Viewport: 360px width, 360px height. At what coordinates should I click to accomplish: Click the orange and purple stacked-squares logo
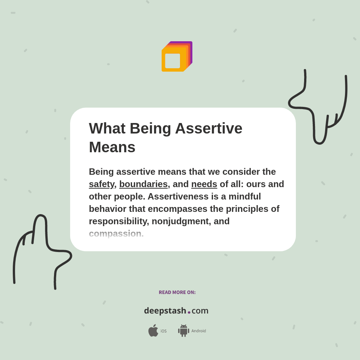pos(177,57)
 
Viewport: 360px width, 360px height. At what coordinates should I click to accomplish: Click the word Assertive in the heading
pos(208,128)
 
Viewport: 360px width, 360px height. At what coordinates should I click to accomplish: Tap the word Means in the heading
pos(112,147)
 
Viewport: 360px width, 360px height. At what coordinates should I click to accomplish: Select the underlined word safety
pos(101,184)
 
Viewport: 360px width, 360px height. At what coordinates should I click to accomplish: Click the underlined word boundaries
pos(143,184)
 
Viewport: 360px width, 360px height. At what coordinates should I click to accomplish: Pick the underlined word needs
pos(204,184)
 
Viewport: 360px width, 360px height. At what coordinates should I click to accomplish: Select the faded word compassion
pos(115,234)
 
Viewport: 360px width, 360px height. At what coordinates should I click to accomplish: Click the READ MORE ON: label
pos(177,292)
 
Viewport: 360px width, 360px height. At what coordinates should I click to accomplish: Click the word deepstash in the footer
pos(165,311)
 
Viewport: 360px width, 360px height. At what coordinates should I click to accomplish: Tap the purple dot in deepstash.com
pos(189,312)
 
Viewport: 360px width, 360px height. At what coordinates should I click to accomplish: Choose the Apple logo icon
pos(153,331)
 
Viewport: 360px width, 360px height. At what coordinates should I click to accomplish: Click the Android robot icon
pos(183,331)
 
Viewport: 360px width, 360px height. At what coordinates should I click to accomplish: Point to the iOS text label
pos(163,331)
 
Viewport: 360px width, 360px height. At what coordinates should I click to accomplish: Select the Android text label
pos(199,331)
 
